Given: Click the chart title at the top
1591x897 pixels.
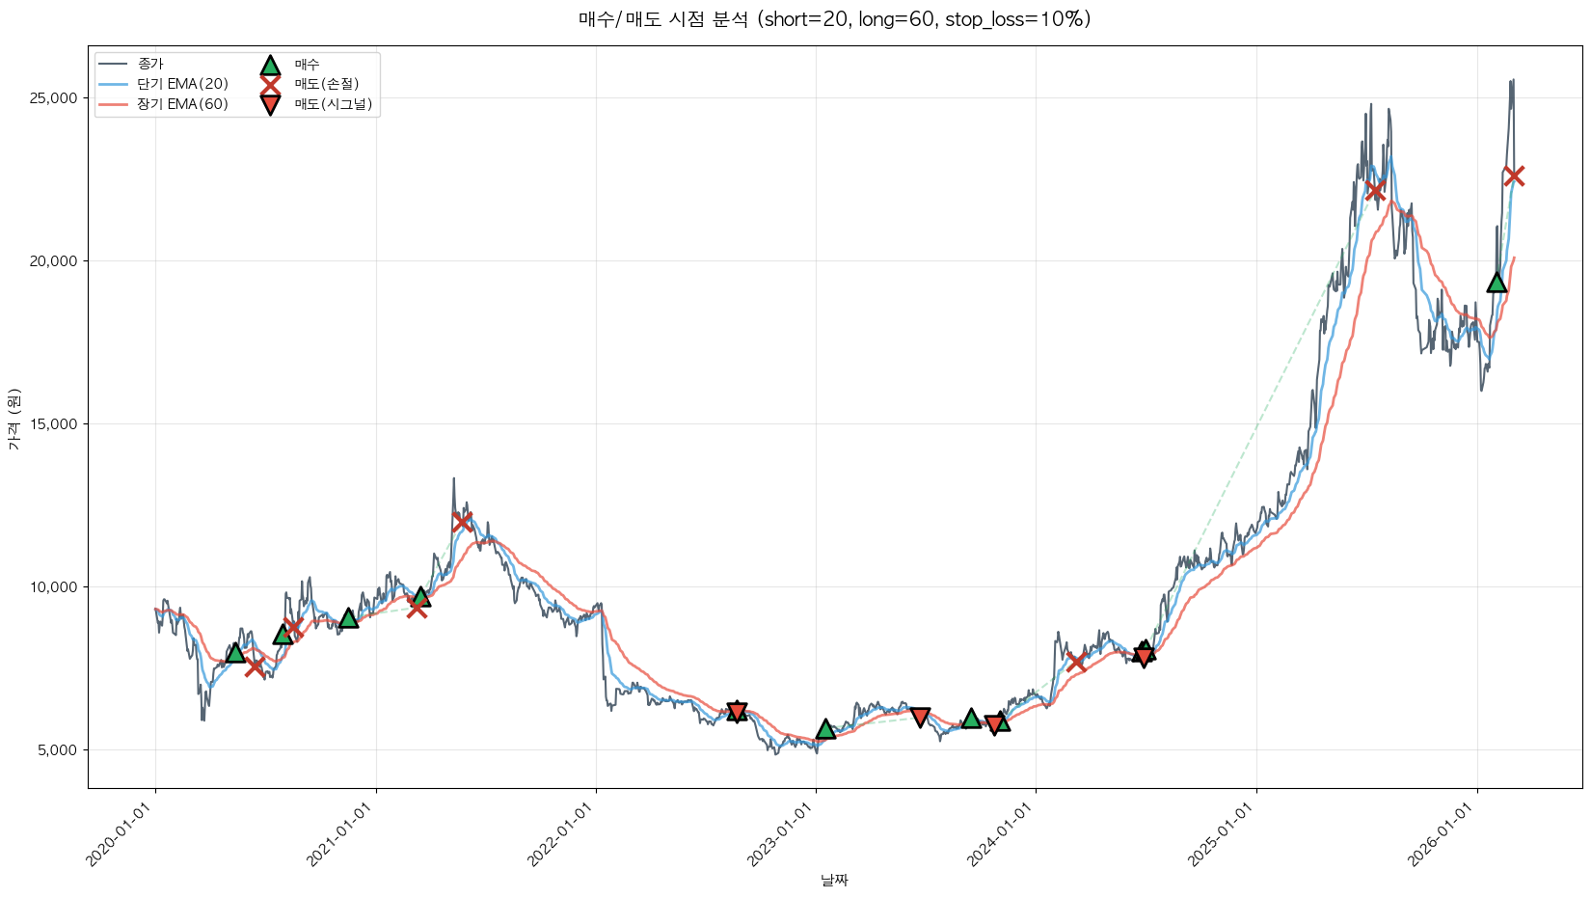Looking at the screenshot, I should tap(834, 19).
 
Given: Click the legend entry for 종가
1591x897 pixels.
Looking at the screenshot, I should tap(150, 64).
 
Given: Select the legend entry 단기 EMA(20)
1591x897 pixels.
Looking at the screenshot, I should tap(182, 84).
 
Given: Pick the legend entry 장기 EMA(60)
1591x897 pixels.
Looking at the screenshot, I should tap(182, 104).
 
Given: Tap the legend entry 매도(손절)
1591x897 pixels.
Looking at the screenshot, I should tap(326, 84).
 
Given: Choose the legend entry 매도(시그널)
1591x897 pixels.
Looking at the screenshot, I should tap(333, 104).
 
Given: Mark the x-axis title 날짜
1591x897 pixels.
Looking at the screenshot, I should tap(834, 880).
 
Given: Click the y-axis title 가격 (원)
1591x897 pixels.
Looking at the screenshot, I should tap(13, 419).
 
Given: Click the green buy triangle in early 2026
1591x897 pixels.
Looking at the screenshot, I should tap(1497, 282).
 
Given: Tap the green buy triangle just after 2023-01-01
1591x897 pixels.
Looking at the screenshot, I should tap(825, 729).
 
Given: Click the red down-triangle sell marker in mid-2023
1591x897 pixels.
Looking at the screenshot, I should tap(920, 717).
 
